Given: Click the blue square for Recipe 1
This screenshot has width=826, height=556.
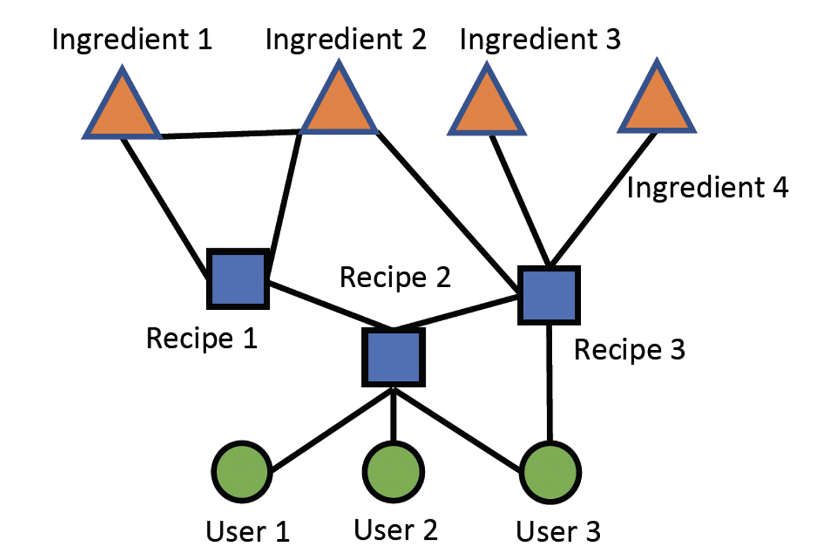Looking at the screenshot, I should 238,279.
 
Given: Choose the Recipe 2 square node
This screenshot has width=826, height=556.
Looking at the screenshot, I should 394,357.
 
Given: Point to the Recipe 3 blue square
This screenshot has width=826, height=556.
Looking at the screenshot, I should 549,295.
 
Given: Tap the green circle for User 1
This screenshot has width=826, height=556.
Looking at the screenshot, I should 241,471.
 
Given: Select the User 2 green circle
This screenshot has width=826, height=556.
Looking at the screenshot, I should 393,471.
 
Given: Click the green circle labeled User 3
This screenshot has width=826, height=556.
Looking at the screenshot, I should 550,471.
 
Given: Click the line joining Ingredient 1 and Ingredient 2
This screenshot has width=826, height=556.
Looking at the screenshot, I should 229,133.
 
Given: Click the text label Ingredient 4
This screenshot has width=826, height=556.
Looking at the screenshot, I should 707,188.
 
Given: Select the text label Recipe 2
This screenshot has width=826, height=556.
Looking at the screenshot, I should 395,277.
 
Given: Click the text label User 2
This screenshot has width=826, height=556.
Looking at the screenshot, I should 395,528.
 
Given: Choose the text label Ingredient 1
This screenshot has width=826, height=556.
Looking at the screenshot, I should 132,40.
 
